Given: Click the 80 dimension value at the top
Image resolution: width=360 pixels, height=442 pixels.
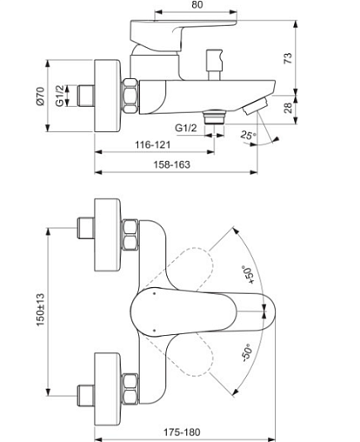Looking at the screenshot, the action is click(197, 4).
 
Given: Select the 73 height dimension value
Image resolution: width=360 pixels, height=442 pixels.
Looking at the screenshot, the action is click(288, 58).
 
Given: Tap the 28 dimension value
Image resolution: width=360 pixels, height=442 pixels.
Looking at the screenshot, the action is click(288, 108).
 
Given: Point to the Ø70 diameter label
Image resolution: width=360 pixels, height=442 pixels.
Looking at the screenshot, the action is click(40, 97).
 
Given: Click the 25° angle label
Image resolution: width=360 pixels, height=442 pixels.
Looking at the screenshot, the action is click(248, 135).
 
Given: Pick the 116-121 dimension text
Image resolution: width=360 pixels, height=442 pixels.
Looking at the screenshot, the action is click(153, 144).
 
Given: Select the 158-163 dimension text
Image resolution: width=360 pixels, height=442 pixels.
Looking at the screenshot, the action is click(171, 164).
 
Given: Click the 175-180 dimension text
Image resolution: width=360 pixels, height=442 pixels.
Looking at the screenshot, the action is click(182, 432).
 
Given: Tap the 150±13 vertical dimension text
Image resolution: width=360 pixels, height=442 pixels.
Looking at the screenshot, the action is click(41, 310).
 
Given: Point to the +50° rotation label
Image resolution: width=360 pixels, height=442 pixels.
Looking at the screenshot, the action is click(249, 274).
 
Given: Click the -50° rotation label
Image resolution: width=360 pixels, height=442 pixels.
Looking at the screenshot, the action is click(247, 352).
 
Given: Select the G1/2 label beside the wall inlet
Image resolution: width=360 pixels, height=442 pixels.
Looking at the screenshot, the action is click(59, 96).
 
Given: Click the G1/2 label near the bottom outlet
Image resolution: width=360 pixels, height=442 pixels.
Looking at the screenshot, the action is click(186, 128).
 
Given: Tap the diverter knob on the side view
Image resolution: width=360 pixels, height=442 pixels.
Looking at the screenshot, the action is click(214, 64).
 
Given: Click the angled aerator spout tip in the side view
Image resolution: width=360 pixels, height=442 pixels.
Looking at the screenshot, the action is click(256, 106).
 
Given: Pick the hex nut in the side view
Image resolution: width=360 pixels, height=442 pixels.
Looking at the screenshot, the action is click(130, 96).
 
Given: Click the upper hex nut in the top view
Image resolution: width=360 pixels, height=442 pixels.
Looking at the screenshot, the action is click(130, 235).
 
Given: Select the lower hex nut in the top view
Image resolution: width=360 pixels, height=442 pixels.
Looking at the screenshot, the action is click(130, 389).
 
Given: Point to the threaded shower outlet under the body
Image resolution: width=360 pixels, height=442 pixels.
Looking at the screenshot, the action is click(214, 117).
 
